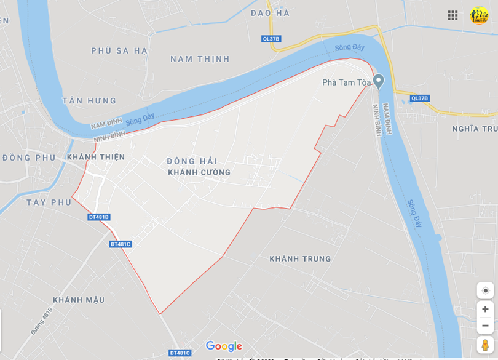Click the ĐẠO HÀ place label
(270, 13)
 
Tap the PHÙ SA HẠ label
(119, 50)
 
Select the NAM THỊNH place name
(200, 59)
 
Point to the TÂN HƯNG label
(89, 100)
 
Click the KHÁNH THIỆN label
(96, 158)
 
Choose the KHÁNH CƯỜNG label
(199, 172)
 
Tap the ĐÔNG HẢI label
(192, 161)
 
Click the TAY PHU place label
(49, 202)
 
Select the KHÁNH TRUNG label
(300, 259)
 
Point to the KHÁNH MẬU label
(79, 300)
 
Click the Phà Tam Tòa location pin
(379, 81)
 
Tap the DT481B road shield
(99, 217)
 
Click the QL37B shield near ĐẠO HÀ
(271, 39)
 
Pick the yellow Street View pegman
(485, 345)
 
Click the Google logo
(224, 346)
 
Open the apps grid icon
(453, 15)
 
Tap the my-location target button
(485, 290)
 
